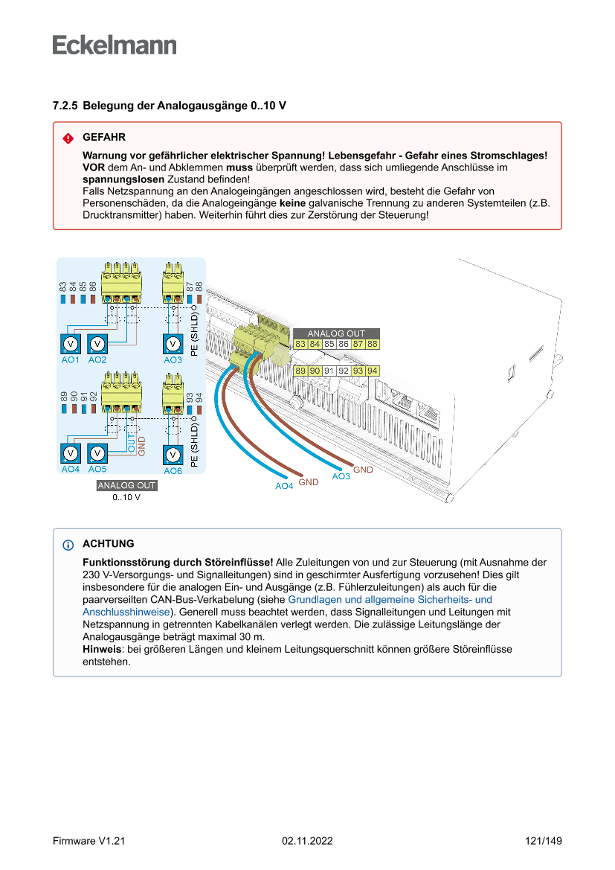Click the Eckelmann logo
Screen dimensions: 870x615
(x=115, y=45)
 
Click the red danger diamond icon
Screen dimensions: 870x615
(x=68, y=138)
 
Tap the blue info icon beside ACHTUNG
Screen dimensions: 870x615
(x=68, y=545)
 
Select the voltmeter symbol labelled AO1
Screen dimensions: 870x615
(x=70, y=344)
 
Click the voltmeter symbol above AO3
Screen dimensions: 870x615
(x=173, y=344)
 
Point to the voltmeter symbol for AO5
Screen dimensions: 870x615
(x=97, y=453)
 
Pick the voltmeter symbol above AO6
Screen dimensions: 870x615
(x=173, y=454)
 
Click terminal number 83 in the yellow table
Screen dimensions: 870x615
(x=300, y=344)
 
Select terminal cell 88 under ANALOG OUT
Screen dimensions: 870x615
(x=373, y=344)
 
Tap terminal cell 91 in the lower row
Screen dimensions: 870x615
(x=329, y=371)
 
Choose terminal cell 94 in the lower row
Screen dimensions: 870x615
(x=373, y=371)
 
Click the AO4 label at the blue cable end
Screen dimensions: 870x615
(x=284, y=486)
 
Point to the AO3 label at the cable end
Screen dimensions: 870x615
(x=341, y=476)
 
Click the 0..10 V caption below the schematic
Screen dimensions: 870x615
(x=126, y=497)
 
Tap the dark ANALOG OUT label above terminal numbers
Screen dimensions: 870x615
(x=336, y=333)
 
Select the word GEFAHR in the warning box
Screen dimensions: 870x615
(x=104, y=138)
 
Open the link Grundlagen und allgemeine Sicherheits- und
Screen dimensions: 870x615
(x=390, y=599)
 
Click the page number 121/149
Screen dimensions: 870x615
(x=544, y=841)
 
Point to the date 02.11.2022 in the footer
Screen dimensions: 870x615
(x=307, y=841)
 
